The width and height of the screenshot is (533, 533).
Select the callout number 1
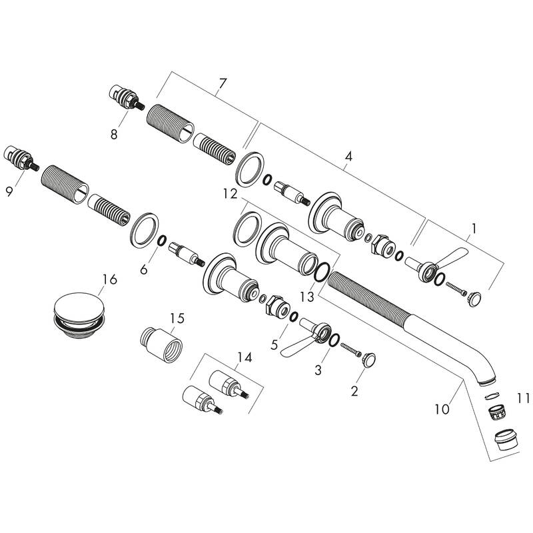click(474, 229)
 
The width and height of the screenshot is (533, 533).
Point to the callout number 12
click(230, 194)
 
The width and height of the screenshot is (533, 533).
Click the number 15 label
click(176, 320)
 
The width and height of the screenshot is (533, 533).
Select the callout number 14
click(245, 357)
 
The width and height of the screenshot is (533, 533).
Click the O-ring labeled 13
click(320, 272)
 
